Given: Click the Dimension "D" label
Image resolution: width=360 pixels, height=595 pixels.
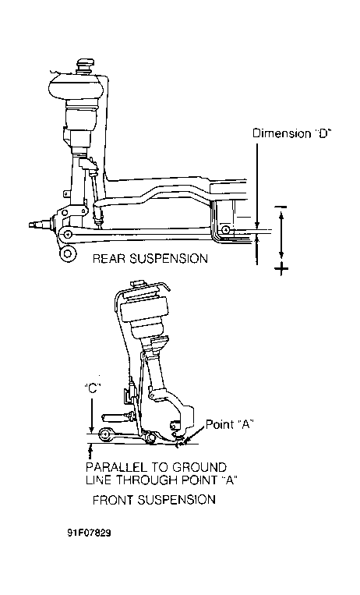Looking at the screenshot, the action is (x=291, y=133).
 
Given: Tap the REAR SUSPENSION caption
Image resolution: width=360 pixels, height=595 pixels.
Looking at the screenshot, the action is (x=150, y=259).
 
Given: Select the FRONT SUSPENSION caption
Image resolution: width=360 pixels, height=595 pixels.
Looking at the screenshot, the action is (x=154, y=499).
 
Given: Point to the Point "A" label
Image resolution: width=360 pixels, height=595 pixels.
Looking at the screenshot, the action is (x=229, y=424).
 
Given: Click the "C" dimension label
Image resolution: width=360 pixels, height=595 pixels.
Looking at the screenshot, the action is (x=91, y=388).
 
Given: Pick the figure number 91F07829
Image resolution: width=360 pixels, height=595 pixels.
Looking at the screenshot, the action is (x=90, y=533).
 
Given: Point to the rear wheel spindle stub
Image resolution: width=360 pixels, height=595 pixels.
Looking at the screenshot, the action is (x=37, y=225).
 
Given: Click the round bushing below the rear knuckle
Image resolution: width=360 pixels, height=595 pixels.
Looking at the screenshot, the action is (x=68, y=253).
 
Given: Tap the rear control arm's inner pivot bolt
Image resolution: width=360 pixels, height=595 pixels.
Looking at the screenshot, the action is (x=226, y=230).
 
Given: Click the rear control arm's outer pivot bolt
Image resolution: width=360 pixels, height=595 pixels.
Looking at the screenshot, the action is (x=68, y=234).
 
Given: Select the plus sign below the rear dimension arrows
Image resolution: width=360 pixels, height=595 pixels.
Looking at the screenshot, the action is (x=281, y=269).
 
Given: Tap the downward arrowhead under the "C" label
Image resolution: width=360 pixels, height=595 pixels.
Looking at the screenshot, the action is (x=91, y=430).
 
